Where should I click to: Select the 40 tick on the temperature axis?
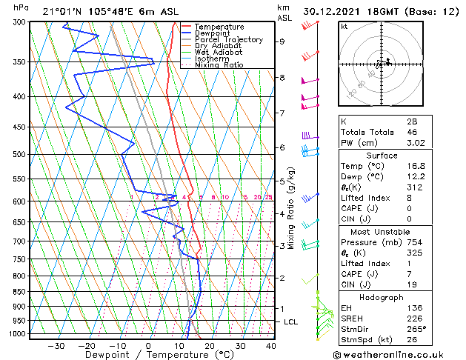(x=271, y=345)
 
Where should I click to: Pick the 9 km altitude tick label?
(x=282, y=41)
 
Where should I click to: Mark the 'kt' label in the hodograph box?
(x=344, y=27)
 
